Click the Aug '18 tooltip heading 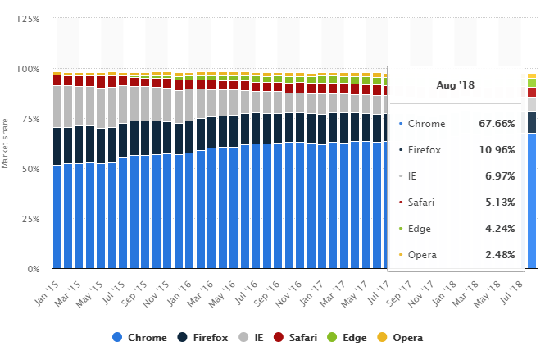456,84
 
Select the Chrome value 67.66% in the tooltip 497,124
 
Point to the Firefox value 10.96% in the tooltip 497,150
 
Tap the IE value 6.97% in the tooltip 499,176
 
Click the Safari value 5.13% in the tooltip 499,203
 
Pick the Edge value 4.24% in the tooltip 499,229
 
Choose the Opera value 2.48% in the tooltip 499,255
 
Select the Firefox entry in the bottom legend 204,338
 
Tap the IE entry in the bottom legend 253,338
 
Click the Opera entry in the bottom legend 402,338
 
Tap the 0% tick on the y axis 34,269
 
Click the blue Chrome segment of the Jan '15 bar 57,217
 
